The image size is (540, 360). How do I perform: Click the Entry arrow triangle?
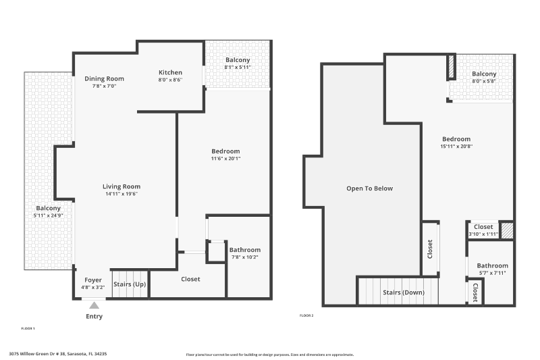[94, 305]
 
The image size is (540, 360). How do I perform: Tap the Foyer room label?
[93, 280]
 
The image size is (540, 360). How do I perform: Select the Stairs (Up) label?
[129, 284]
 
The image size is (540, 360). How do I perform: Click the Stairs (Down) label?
[402, 292]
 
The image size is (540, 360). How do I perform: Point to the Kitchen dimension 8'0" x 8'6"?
[170, 80]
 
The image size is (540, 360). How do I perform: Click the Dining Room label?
[104, 78]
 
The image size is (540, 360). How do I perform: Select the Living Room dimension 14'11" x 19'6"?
[122, 194]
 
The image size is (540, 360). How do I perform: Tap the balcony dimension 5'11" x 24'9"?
[48, 215]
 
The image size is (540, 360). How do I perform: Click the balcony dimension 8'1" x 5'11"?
[238, 67]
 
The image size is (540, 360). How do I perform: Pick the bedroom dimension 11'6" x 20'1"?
[225, 159]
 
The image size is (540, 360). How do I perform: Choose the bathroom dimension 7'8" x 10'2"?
[245, 257]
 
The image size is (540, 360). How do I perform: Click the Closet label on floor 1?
[190, 279]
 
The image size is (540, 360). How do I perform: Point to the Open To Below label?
[369, 188]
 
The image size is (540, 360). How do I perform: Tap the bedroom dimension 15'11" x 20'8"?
[456, 146]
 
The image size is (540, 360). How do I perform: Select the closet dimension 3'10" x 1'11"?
[483, 234]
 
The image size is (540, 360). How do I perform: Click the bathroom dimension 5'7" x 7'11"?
[492, 273]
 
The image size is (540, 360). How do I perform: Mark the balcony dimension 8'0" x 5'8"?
[484, 81]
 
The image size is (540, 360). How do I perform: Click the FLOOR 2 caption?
[306, 315]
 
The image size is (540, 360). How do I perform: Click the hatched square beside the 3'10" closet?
[506, 230]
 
